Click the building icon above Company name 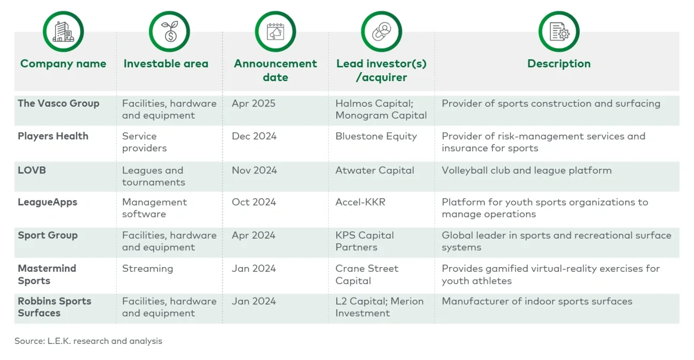(x=63, y=32)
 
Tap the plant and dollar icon (x=169, y=32)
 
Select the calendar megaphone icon (x=275, y=32)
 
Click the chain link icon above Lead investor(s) (x=382, y=32)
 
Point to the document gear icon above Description (x=559, y=32)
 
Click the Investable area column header (x=166, y=64)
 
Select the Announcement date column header (x=275, y=70)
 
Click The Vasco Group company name (x=59, y=104)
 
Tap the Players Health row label (x=53, y=136)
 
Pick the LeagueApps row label (x=48, y=202)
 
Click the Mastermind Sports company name (x=47, y=275)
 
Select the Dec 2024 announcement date (x=254, y=136)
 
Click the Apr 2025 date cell (x=254, y=104)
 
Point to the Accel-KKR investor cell (x=360, y=202)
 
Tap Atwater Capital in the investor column (x=375, y=170)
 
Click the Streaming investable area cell (x=147, y=269)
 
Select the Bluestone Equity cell (x=376, y=136)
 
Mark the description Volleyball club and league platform (x=526, y=170)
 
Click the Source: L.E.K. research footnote (x=88, y=341)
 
